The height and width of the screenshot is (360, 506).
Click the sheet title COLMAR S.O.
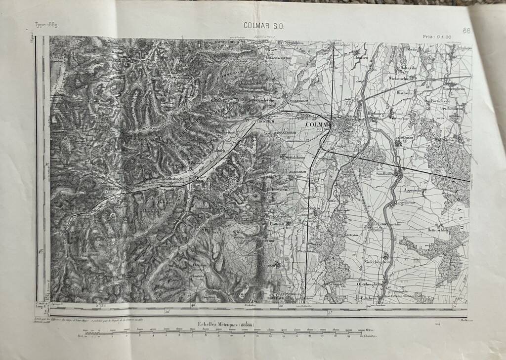click(x=263, y=26)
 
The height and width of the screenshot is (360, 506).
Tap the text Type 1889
click(x=46, y=25)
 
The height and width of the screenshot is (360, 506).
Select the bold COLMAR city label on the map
click(x=317, y=124)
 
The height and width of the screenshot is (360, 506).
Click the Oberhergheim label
click(x=371, y=284)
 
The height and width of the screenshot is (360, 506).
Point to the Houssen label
click(x=362, y=57)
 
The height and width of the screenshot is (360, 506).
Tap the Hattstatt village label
click(x=279, y=224)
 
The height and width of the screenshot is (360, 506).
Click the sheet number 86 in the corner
click(x=466, y=31)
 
